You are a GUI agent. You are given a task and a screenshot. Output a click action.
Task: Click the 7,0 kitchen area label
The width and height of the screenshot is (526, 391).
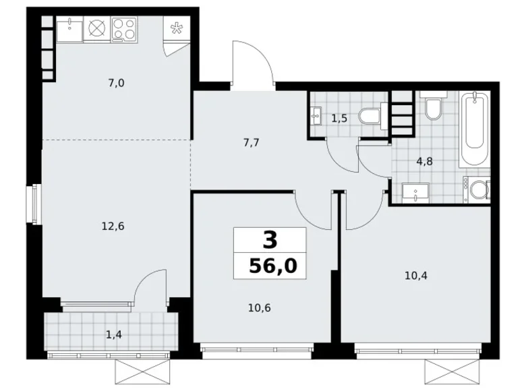115,84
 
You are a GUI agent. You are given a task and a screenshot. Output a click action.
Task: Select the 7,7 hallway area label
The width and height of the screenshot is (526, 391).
251,142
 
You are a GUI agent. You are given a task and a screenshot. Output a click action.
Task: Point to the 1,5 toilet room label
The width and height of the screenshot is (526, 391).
339,118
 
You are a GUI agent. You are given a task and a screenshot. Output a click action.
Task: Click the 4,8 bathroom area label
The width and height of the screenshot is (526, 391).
424,161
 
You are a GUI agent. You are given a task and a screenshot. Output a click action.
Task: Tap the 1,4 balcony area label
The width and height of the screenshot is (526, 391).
113,333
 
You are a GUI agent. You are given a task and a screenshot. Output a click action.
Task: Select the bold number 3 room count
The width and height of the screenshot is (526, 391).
269,239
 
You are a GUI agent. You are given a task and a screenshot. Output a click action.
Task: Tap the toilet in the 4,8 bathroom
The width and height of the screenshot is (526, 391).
432,109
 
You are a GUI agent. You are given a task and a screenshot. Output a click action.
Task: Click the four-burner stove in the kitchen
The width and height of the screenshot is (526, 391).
124,29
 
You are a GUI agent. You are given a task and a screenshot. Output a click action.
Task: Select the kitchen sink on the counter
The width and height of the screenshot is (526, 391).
69,29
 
